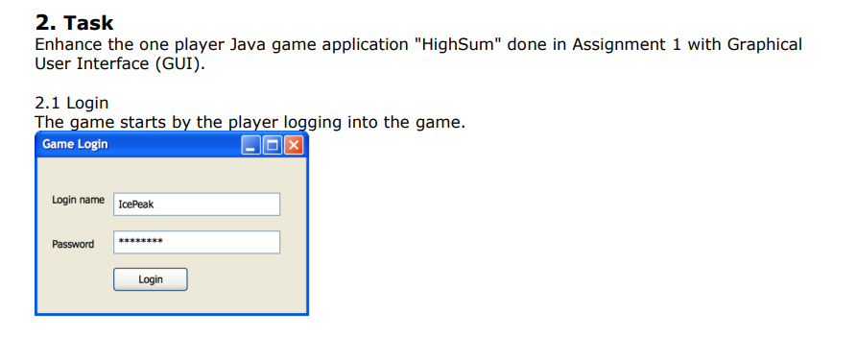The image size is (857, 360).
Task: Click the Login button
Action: (x=150, y=279)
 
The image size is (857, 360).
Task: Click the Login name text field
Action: (x=196, y=204)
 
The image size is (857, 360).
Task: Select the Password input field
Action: (x=196, y=243)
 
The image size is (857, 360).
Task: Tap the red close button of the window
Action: (x=294, y=145)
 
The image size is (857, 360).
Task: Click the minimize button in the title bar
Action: (x=251, y=145)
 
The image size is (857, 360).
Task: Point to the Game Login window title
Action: (x=76, y=145)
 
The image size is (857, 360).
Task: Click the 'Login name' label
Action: (x=79, y=200)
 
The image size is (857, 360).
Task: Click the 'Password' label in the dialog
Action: (x=73, y=244)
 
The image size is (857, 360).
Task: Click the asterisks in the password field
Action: (x=140, y=241)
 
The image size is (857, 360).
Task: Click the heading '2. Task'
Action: (x=74, y=22)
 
